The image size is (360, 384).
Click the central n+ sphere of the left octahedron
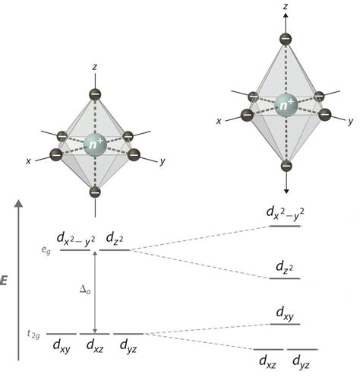(x=95, y=145)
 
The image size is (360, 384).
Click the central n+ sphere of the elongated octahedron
(x=286, y=105)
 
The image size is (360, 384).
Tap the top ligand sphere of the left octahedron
(x=95, y=94)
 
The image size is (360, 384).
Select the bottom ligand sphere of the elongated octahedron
(x=286, y=166)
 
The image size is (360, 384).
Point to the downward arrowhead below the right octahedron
(x=286, y=191)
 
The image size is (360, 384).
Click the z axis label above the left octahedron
(x=95, y=67)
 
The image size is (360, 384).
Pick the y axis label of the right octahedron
(x=350, y=122)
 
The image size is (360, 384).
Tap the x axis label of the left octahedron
(x=28, y=161)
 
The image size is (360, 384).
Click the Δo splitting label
(x=85, y=290)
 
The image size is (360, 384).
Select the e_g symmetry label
(x=46, y=250)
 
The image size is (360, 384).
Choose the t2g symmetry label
(x=33, y=335)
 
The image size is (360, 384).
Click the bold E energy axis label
(x=4, y=281)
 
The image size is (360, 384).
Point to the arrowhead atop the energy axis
(x=18, y=203)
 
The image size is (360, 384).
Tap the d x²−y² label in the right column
(x=286, y=215)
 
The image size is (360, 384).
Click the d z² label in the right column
(x=285, y=267)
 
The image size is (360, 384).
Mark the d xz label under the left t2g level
(x=95, y=345)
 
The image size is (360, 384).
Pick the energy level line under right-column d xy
(x=285, y=324)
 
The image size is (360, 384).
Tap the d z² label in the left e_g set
(x=115, y=238)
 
